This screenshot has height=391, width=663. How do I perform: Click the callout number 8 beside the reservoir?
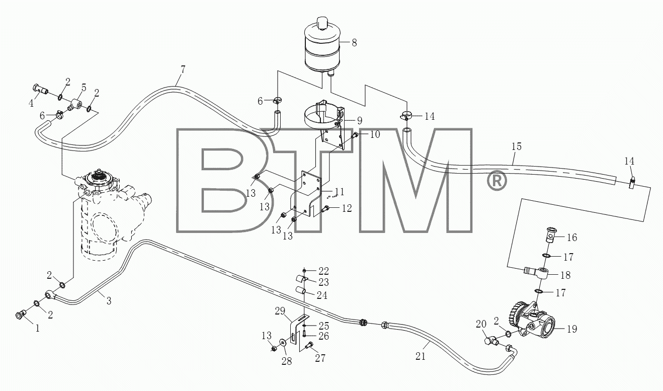pyautogui.click(x=354, y=43)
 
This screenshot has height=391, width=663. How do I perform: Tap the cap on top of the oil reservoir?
pyautogui.click(x=322, y=23)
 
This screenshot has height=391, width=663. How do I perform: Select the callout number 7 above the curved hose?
pyautogui.click(x=183, y=70)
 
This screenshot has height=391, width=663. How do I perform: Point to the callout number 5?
pyautogui.click(x=84, y=88)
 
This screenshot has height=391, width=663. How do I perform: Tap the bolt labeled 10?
pyautogui.click(x=355, y=136)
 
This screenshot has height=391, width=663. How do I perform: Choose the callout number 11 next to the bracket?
pyautogui.click(x=339, y=192)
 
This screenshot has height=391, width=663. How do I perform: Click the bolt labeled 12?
pyautogui.click(x=325, y=209)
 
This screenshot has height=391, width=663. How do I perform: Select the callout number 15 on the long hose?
pyautogui.click(x=517, y=147)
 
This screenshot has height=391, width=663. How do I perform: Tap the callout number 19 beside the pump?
pyautogui.click(x=572, y=329)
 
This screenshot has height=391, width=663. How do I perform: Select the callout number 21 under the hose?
pyautogui.click(x=421, y=356)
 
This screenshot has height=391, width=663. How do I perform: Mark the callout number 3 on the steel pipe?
pyautogui.click(x=109, y=301)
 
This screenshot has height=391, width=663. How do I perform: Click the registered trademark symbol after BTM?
pyautogui.click(x=496, y=180)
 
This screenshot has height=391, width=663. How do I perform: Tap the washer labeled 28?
pyautogui.click(x=283, y=343)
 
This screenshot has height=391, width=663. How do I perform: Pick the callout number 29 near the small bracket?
pyautogui.click(x=280, y=311)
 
